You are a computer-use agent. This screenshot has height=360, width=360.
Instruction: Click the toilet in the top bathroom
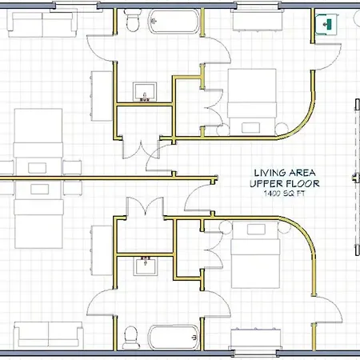point(132,21)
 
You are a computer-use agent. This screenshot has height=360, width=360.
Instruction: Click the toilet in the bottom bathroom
point(131,338)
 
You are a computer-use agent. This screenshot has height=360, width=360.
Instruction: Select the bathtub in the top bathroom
point(174,22)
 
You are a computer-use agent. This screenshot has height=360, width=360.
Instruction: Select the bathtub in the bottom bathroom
point(174,337)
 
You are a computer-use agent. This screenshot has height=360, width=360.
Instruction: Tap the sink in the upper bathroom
point(145,92)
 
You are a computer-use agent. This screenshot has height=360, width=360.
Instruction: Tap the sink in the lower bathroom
point(146,266)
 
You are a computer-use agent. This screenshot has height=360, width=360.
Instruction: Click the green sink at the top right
point(327,25)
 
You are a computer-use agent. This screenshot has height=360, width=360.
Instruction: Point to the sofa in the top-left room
point(42,23)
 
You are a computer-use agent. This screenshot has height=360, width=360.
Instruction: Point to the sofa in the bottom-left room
point(49,335)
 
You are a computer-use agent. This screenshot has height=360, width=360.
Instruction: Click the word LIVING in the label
point(268,173)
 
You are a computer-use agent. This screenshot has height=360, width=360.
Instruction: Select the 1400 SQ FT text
point(284,194)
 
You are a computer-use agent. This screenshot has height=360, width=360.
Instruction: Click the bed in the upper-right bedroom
point(252,102)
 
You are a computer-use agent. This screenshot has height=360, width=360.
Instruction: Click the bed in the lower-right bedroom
point(255,255)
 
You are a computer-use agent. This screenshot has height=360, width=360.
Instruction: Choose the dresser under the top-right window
point(258,21)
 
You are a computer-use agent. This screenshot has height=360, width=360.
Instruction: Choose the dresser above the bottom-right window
point(255,338)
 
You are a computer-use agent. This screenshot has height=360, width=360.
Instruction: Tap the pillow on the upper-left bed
point(38,168)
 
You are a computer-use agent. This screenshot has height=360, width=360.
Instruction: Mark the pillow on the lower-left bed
point(39,189)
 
